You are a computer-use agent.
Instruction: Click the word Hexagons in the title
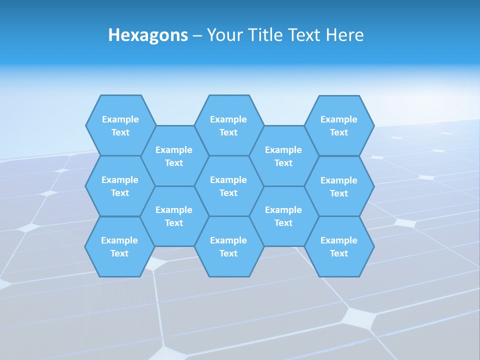[x=148, y=35]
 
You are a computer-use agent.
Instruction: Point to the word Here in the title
[x=345, y=35]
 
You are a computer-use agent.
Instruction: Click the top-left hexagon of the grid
[x=120, y=125]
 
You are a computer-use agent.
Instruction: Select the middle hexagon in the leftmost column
[x=120, y=186]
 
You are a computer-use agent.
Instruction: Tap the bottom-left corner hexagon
[x=119, y=246]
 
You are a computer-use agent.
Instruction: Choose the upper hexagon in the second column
[x=174, y=156]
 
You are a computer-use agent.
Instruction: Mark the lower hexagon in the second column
[x=174, y=216]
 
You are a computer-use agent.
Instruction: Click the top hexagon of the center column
[x=228, y=125]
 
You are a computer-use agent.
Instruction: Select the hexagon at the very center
[x=228, y=186]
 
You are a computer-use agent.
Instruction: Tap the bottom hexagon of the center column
[x=228, y=246]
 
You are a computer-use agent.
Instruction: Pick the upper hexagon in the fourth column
[x=283, y=156]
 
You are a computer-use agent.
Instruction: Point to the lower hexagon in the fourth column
[x=283, y=216]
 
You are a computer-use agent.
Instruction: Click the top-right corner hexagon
[x=339, y=125]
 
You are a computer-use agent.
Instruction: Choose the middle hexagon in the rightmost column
[x=339, y=186]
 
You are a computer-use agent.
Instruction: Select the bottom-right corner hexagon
[x=339, y=246]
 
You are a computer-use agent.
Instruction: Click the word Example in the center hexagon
[x=228, y=180]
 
